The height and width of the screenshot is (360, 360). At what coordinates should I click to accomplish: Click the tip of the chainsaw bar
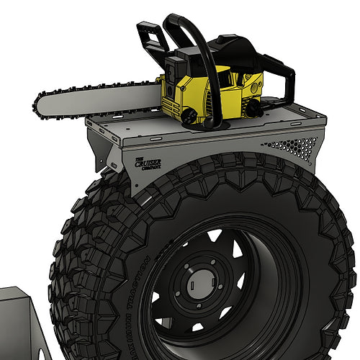click(36, 106)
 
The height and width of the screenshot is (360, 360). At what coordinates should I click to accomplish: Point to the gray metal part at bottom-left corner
click(18, 324)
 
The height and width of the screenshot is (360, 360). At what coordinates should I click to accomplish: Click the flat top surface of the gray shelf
click(288, 115)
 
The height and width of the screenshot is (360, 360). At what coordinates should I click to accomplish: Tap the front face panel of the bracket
click(216, 148)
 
